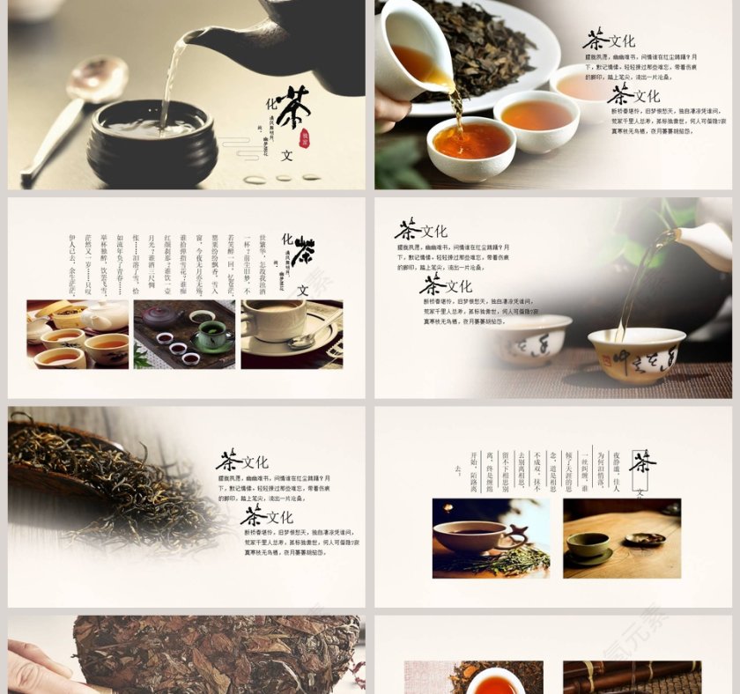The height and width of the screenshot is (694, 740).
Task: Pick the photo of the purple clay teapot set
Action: (x=184, y=334)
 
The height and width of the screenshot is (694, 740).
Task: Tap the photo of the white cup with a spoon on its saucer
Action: (x=292, y=334)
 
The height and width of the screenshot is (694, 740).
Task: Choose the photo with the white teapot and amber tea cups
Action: (x=78, y=334)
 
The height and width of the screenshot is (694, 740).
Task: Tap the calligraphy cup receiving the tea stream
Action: (x=636, y=354)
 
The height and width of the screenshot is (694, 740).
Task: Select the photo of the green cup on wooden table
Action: (x=621, y=538)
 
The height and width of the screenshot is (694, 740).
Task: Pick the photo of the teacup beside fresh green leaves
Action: (x=491, y=538)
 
